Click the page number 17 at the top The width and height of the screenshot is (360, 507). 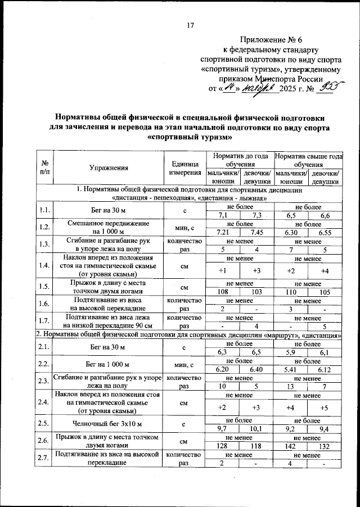(190, 25)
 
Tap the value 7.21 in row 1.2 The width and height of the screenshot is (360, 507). (223, 232)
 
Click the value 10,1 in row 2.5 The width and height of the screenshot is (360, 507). (256, 428)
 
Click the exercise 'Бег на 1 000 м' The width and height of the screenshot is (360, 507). (109, 364)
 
